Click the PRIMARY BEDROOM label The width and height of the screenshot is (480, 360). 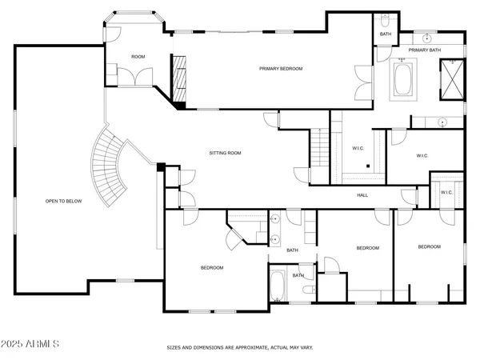(281, 69)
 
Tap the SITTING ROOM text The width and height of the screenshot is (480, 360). (226, 153)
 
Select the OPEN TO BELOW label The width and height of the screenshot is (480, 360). (63, 201)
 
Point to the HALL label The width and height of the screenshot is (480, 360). (362, 195)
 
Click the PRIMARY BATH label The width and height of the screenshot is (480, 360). (424, 50)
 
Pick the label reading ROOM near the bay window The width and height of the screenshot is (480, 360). (138, 56)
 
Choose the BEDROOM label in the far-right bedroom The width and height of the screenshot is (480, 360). (429, 246)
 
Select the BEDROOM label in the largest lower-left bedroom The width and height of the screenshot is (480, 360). (212, 267)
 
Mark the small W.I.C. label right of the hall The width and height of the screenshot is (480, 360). (446, 192)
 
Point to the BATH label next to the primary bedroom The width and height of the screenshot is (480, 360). (386, 34)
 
